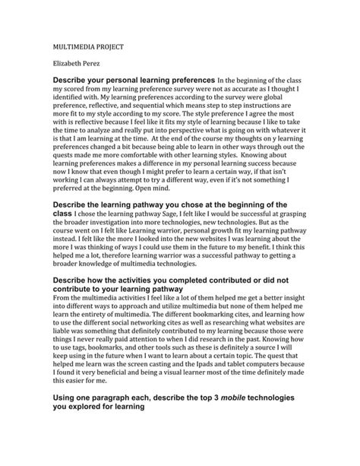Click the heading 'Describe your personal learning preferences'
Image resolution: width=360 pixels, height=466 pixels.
point(132,78)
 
